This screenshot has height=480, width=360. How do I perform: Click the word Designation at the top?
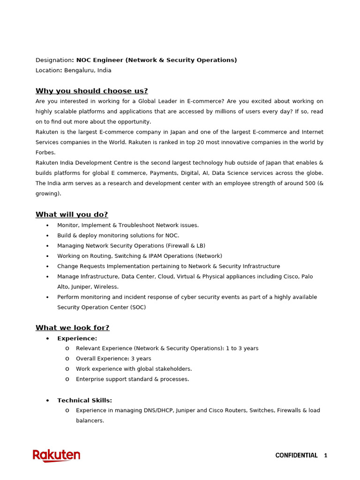53,60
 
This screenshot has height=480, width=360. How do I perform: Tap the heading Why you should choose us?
92,91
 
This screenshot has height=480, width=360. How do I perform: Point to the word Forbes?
45,152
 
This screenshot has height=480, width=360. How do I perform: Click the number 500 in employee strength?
310,183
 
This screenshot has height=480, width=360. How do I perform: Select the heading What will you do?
72,215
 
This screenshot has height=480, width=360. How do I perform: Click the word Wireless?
106,287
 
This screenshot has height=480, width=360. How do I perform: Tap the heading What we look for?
73,328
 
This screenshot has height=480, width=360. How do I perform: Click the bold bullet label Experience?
77,338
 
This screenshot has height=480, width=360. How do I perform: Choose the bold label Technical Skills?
84,400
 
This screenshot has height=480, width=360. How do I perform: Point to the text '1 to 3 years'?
241,348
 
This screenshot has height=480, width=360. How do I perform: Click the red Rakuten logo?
56,456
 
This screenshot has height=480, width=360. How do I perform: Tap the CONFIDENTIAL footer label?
296,456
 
